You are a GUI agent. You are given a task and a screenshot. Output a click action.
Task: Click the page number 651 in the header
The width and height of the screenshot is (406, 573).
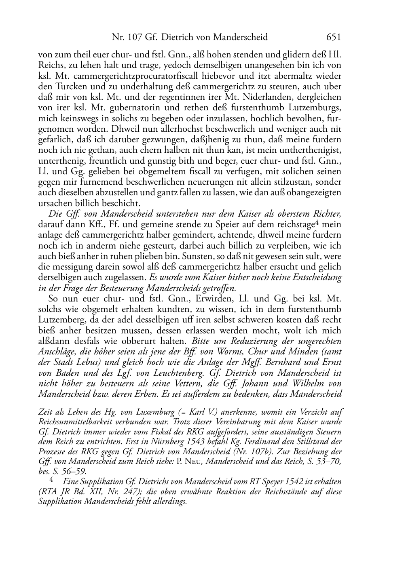(334, 37)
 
